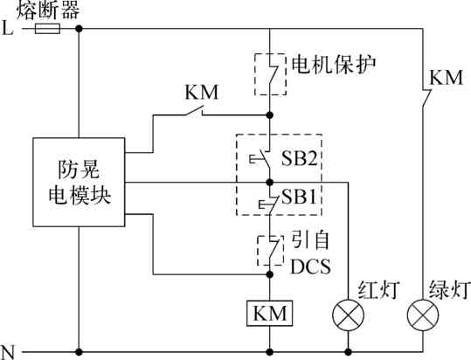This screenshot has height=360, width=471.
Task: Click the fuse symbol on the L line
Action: (45, 28)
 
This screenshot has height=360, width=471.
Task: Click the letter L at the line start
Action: (8, 28)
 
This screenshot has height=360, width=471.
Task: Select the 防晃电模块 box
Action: (78, 180)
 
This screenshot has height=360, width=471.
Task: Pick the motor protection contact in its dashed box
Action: (271, 73)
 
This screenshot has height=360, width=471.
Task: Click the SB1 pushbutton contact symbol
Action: (266, 202)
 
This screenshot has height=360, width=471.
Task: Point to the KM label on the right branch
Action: (445, 78)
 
